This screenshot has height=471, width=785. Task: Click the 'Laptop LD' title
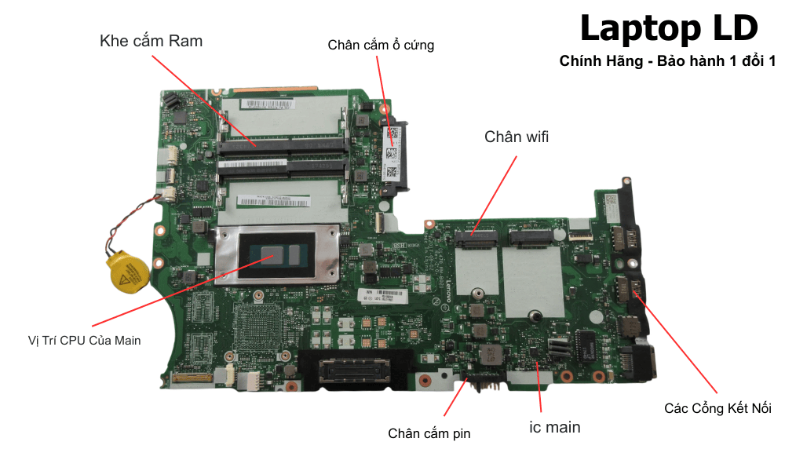pos(669,29)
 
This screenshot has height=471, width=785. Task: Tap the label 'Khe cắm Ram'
pos(151,41)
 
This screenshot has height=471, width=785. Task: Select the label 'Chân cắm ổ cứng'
pos(381,46)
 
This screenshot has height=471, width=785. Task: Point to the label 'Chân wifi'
pos(517,137)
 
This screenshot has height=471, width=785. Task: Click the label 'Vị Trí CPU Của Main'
pos(83,341)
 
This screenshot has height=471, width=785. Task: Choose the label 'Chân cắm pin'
pos(429,433)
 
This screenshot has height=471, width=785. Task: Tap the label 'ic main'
pos(554,427)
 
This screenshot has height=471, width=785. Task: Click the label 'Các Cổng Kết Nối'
pos(717,408)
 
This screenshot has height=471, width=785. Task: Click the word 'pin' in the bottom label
pos(459,433)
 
